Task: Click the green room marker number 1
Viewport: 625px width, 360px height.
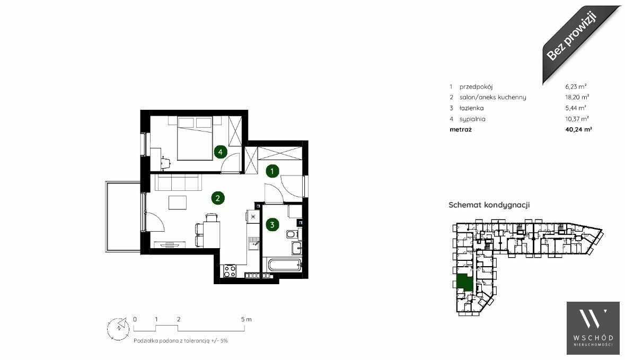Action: pyautogui.click(x=272, y=171)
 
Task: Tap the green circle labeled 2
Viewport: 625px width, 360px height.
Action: pyautogui.click(x=218, y=198)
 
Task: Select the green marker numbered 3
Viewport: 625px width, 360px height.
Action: pyautogui.click(x=272, y=224)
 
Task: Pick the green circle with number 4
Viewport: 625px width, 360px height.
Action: pyautogui.click(x=221, y=152)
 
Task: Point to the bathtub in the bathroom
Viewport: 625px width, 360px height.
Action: pyautogui.click(x=285, y=265)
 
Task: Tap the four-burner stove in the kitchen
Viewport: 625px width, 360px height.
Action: pyautogui.click(x=230, y=271)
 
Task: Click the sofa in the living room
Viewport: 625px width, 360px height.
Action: pyautogui.click(x=178, y=182)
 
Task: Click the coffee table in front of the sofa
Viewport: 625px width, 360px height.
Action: pyautogui.click(x=178, y=203)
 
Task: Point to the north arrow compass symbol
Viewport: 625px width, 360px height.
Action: pyautogui.click(x=118, y=329)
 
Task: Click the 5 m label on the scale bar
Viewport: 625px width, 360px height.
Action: pyautogui.click(x=247, y=319)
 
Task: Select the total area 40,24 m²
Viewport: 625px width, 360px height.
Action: pyautogui.click(x=578, y=129)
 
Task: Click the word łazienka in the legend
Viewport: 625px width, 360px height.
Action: pyautogui.click(x=472, y=108)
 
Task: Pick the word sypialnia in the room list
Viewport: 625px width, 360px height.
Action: pyautogui.click(x=472, y=119)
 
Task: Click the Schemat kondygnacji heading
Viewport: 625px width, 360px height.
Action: pyautogui.click(x=489, y=205)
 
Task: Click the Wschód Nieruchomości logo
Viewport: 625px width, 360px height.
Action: pyautogui.click(x=593, y=328)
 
